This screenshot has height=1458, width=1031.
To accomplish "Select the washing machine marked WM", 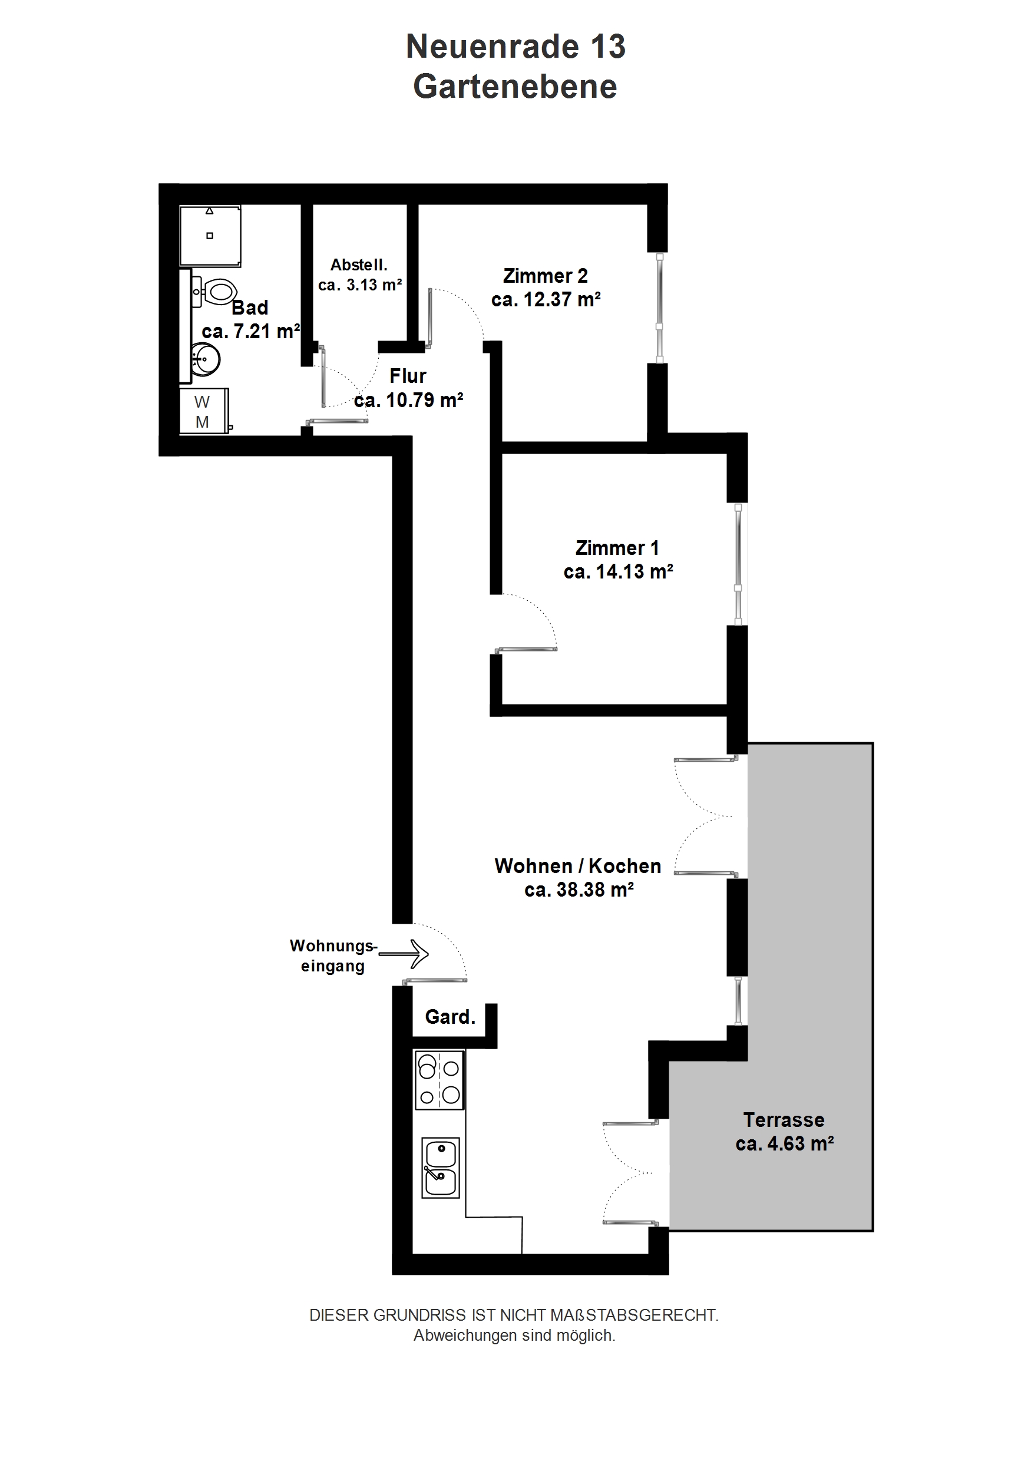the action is coord(203,412).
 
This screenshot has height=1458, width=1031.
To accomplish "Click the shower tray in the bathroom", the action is coord(210,235).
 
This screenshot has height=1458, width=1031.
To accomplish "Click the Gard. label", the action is coord(450,1017).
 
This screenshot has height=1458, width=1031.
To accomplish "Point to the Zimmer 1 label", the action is coord(617,547).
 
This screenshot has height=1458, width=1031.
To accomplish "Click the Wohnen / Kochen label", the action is coord(578,866).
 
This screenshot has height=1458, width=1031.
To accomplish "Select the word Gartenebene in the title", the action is coord(515,87).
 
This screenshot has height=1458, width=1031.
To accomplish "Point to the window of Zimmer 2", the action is coord(660,308).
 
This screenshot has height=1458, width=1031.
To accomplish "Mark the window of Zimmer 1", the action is coord(738,564).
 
